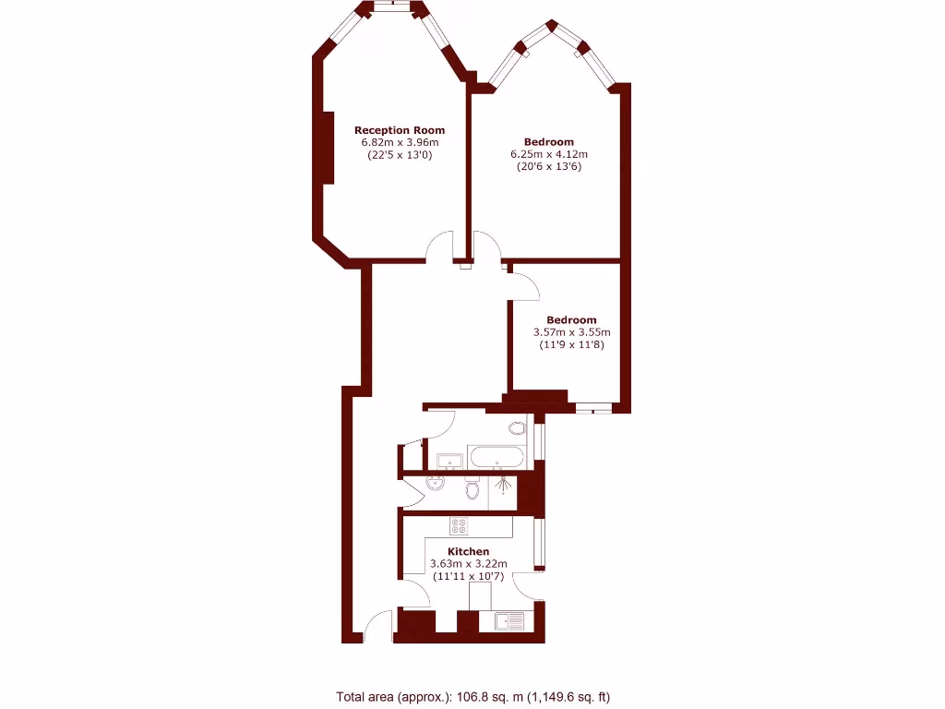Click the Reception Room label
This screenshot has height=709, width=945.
tap(400, 130)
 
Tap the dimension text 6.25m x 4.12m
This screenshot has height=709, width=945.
tap(549, 154)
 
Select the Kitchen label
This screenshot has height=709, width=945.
tap(468, 551)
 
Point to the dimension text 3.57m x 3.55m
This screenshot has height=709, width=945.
tap(572, 332)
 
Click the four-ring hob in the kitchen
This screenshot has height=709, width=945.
tap(459, 526)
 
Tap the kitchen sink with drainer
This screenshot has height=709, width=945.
tap(508, 621)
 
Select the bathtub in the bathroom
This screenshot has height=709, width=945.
tap(496, 457)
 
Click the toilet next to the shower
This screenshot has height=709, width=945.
tap(473, 487)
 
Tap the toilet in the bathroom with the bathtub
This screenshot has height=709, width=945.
tap(517, 427)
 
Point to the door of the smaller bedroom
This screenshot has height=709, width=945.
tap(524, 286)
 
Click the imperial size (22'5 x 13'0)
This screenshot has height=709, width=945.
tap(400, 155)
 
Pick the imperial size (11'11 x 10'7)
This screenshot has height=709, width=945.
tap(468, 576)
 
